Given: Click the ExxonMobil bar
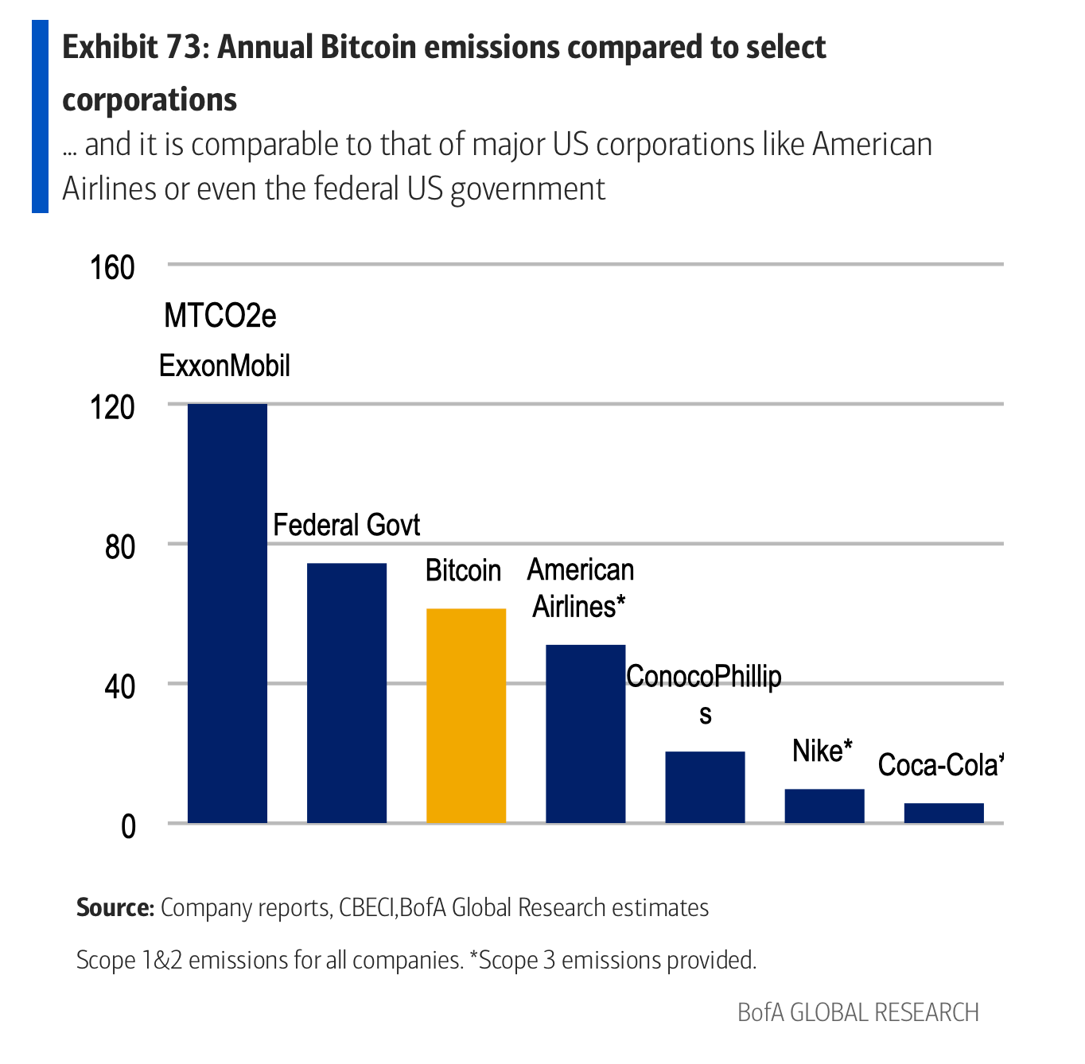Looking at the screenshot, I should click(x=227, y=613).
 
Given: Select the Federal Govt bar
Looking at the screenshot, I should click(x=347, y=693).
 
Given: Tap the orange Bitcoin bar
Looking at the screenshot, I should click(x=466, y=716).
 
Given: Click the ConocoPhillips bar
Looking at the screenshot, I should click(x=705, y=786).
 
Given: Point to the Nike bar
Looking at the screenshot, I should click(x=824, y=806).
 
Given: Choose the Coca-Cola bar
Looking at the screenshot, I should click(x=943, y=813).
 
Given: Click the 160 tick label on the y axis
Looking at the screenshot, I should click(x=112, y=268).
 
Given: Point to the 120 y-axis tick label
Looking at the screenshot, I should click(x=112, y=408).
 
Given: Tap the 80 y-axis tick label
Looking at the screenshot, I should click(x=120, y=548).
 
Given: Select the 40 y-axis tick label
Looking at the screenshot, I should click(x=120, y=687).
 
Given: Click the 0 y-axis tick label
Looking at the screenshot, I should click(x=128, y=827).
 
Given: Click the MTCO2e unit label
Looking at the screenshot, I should click(x=220, y=316).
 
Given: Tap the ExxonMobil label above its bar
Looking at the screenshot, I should click(x=224, y=366).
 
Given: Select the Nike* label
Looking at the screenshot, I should click(x=822, y=751).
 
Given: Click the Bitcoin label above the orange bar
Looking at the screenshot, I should click(x=463, y=571).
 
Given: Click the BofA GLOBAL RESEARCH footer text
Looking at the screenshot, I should click(x=857, y=1012).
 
